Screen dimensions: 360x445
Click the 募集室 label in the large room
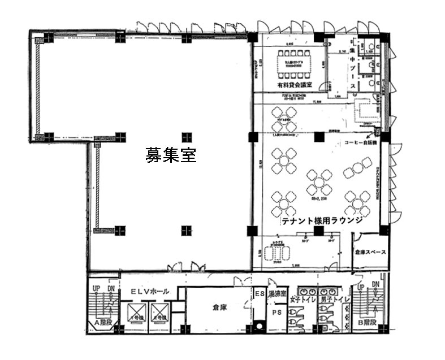pos(171,155)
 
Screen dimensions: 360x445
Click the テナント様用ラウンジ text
pos(321,221)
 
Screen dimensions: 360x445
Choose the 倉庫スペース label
pos(370,252)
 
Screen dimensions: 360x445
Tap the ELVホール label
pos(148,291)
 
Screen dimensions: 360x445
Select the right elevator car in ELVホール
pos(161,313)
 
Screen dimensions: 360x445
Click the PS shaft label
pos(276,311)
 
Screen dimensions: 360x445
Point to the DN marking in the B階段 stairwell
pos(375,285)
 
